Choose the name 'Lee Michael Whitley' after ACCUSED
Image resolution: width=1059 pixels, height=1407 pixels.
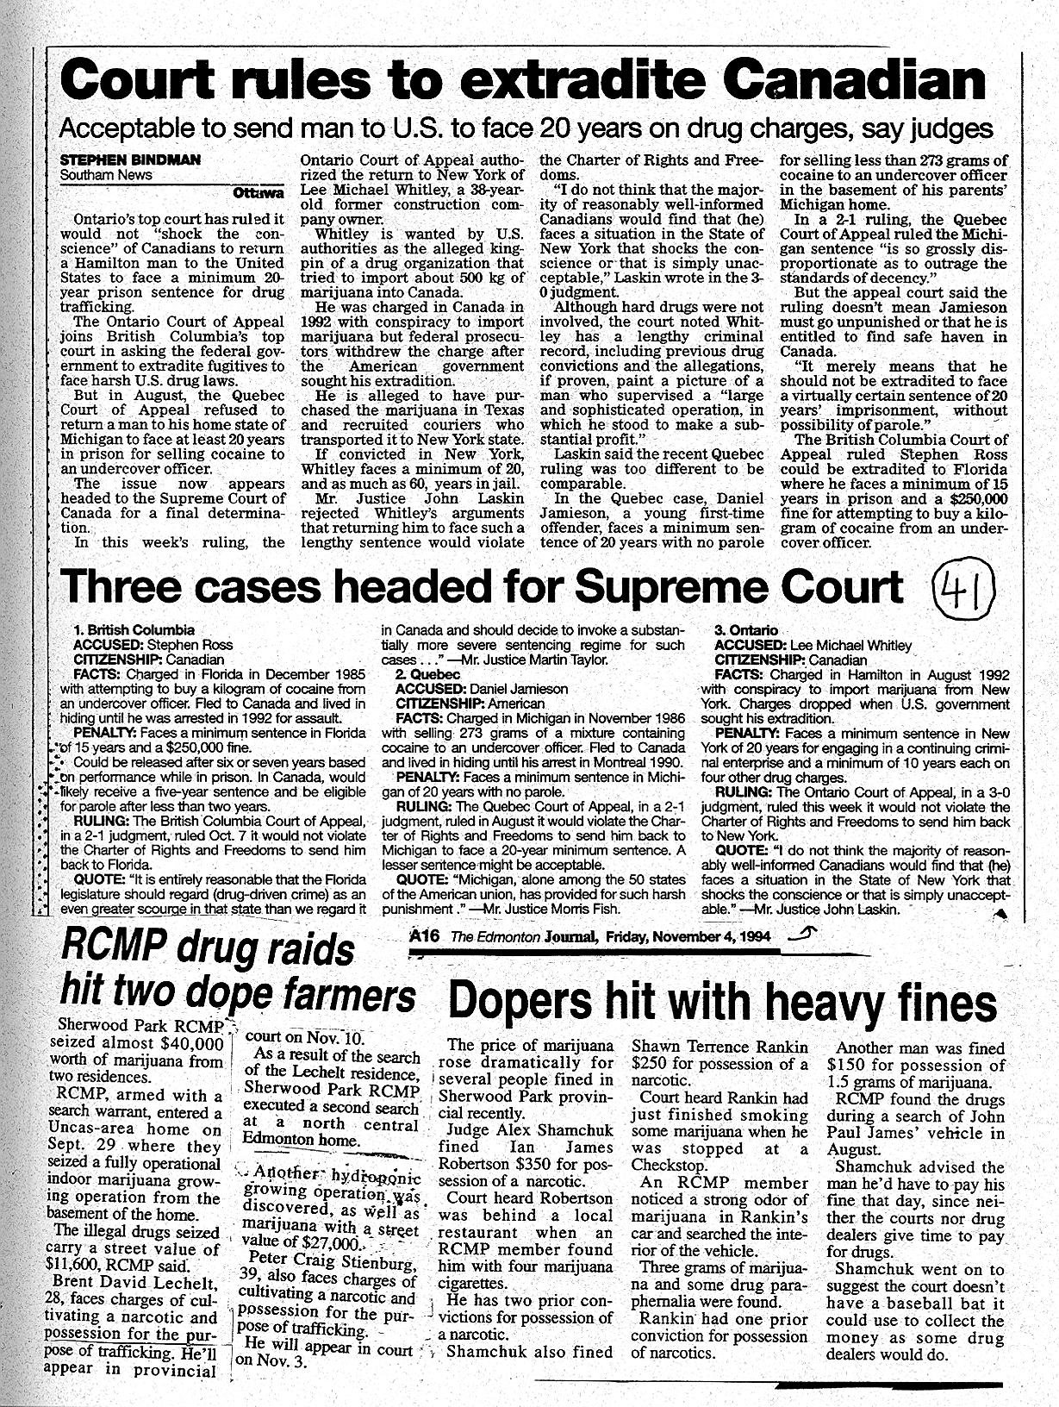tap(848, 645)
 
